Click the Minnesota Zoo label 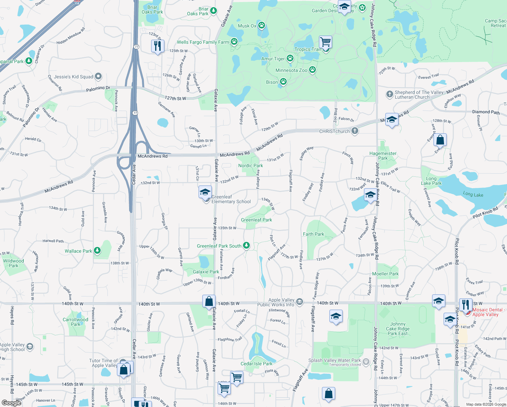click(x=291, y=70)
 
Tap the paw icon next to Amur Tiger click(x=290, y=58)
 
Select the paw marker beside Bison click(x=283, y=82)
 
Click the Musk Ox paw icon click(x=261, y=25)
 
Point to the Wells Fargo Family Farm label click(x=203, y=42)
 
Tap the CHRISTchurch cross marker click(x=354, y=131)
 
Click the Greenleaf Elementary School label click(x=231, y=199)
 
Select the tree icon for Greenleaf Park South click(x=246, y=246)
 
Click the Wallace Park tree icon click(x=97, y=251)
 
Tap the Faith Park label click(x=313, y=234)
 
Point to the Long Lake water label click(x=473, y=194)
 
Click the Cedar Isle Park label click(x=257, y=364)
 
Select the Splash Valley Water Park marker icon click(x=366, y=362)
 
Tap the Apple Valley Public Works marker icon click(x=300, y=302)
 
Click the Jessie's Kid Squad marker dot click(x=98, y=76)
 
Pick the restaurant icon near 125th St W click(x=158, y=46)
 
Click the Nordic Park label click(x=250, y=166)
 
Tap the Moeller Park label click(x=385, y=274)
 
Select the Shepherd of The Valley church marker click(x=390, y=94)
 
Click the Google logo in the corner click(x=12, y=403)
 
